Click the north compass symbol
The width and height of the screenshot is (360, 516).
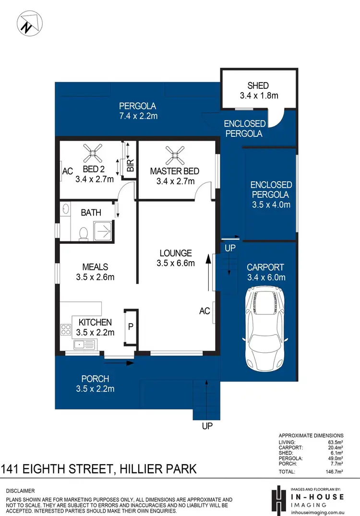(29, 23)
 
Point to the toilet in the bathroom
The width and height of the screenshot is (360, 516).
(83, 233)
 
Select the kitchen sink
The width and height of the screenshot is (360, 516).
(84, 344)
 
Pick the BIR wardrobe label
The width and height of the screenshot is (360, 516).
(130, 166)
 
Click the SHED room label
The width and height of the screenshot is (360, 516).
(258, 86)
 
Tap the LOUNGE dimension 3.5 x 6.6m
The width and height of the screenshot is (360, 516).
(175, 263)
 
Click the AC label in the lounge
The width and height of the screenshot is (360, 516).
(204, 311)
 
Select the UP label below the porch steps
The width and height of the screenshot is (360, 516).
(207, 426)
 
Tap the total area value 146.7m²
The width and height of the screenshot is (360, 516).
(334, 472)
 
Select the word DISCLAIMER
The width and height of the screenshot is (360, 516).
(20, 491)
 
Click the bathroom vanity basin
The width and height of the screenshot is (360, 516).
(66, 210)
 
